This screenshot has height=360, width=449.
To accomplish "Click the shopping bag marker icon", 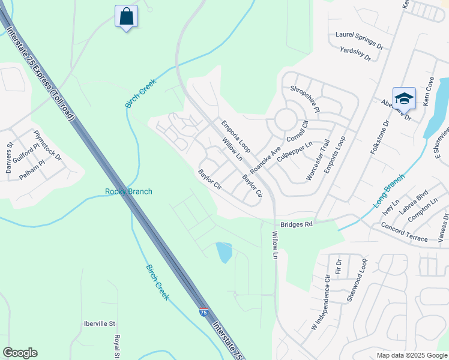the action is (126, 16).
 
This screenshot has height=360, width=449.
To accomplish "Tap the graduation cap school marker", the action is (404, 98).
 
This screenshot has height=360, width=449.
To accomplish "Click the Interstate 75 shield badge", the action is (204, 312).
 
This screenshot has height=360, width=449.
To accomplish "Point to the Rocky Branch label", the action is (128, 191).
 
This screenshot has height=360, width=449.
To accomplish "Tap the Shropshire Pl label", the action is (305, 98).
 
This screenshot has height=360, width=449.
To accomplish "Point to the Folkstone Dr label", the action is (380, 137).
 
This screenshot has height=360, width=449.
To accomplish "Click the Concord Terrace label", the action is (404, 232).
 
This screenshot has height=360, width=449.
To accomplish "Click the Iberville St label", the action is (99, 323).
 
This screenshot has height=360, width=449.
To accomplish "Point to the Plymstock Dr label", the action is (47, 146).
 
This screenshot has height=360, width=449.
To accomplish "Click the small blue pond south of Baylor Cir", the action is (224, 252).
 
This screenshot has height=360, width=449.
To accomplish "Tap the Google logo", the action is (20, 353).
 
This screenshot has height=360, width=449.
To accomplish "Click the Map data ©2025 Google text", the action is (411, 355).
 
